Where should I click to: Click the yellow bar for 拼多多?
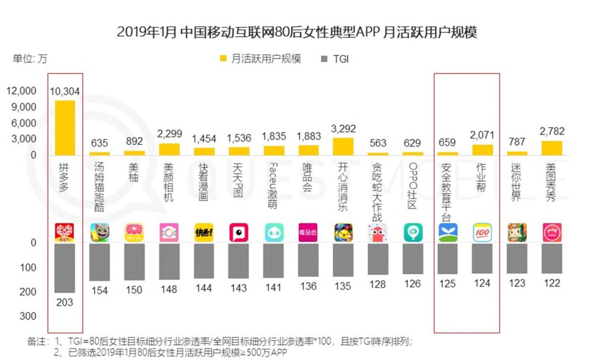click(65, 127)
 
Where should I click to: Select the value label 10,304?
click(65, 92)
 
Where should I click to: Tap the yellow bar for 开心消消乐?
click(343, 146)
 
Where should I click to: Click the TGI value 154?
click(99, 291)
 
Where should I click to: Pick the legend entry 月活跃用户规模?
click(260, 59)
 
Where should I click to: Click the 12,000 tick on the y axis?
click(21, 91)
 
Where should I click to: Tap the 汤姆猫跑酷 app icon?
click(99, 233)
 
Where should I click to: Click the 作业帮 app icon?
click(482, 233)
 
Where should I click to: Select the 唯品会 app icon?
click(308, 233)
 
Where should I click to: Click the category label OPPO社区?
click(412, 186)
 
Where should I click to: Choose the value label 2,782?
click(552, 132)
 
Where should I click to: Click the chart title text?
click(297, 32)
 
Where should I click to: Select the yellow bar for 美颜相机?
click(169, 149)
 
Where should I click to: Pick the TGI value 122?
click(552, 283)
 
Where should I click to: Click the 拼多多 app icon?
click(65, 233)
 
